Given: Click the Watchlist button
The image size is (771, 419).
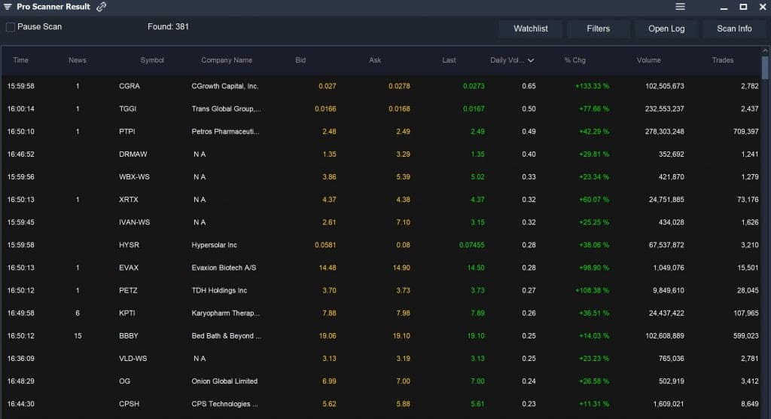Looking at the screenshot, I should [531, 29].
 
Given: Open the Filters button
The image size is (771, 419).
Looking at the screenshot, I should [599, 29].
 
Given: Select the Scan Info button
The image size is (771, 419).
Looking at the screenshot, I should [734, 29].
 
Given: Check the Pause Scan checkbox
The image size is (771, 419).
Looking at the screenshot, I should [11, 27].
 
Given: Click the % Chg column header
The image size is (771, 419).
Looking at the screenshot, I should [575, 60].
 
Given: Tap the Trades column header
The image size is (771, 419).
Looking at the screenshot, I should [723, 60].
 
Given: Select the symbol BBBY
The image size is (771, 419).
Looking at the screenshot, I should [130, 336].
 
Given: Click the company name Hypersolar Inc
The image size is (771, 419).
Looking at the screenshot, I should [215, 245].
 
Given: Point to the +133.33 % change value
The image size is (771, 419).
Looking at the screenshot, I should [592, 86].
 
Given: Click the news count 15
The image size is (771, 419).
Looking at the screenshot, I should [78, 336].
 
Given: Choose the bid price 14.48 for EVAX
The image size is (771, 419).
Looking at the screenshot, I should [327, 268].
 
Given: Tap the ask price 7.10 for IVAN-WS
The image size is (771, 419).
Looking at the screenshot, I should [401, 222].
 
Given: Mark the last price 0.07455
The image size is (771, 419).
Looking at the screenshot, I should [472, 245].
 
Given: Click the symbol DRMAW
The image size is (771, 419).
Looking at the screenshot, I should [133, 154].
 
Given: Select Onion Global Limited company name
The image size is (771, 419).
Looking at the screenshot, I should [224, 381].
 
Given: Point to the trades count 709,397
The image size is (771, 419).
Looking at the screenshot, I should [745, 132].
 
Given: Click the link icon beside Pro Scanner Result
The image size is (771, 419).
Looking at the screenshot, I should [102, 7].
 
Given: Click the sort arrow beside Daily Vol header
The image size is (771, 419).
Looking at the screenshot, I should [531, 60].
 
